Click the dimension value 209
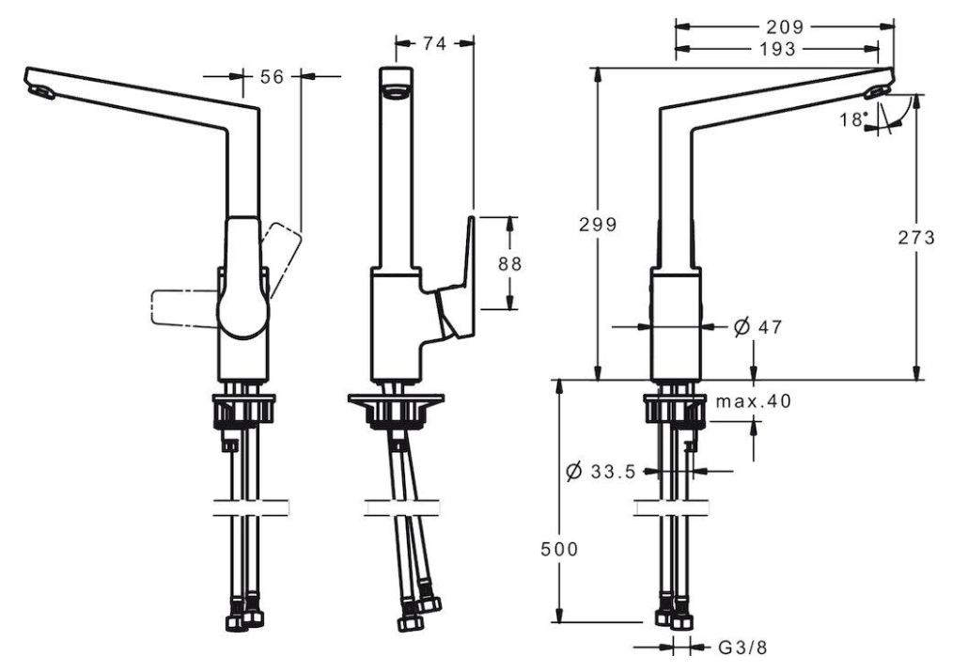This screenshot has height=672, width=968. (x=785, y=27)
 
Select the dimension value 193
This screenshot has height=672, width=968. (x=778, y=50)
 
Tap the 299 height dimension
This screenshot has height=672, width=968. (x=598, y=225)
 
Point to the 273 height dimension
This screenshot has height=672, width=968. (x=916, y=238)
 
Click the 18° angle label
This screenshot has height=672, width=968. (x=853, y=118)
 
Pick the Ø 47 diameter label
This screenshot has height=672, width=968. (x=757, y=327)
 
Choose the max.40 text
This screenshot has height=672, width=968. (x=753, y=401)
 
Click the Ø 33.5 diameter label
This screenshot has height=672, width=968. (x=600, y=472)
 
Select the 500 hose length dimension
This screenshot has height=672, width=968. (x=559, y=549)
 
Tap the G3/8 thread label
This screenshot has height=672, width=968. (x=742, y=648)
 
